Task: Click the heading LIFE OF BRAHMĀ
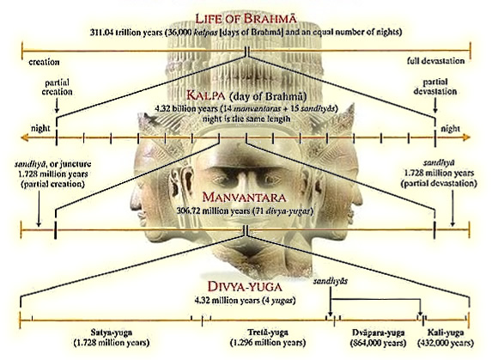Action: coord(246,19)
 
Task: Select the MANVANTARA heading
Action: coord(244,198)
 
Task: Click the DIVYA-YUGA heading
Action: coord(245,287)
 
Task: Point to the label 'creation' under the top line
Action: coord(44,62)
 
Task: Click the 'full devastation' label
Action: coord(436,61)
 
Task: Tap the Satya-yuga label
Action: coord(112,333)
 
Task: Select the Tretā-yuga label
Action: coord(268,332)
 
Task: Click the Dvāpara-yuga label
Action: coord(378,333)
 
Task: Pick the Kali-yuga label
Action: coord(446,333)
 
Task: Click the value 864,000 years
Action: coord(378,343)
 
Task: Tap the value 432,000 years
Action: coord(446,343)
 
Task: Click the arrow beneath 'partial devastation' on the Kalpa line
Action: coord(434,106)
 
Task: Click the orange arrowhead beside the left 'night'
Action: coord(25,137)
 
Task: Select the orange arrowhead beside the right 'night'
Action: coord(466,137)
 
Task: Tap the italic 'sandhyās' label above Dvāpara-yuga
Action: coord(330,281)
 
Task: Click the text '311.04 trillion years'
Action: coord(126,33)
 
